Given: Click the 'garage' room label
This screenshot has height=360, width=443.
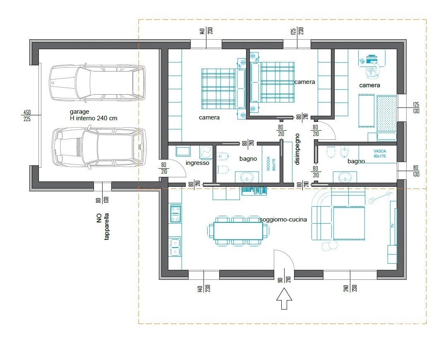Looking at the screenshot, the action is click(79, 112).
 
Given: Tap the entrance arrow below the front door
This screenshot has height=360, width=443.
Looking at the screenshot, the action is click(284, 299).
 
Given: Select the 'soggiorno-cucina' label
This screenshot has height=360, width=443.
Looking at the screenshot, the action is click(283, 219).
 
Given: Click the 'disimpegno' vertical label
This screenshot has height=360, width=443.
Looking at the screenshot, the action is click(297, 149).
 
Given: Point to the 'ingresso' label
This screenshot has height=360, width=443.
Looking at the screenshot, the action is click(197, 163).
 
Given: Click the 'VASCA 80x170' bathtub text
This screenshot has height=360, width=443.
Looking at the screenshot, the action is click(379, 154).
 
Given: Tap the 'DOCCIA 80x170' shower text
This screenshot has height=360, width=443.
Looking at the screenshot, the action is click(270, 164).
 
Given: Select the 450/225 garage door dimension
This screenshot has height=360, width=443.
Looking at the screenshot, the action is click(27, 115).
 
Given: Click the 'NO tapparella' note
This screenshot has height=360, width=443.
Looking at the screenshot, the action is click(103, 226).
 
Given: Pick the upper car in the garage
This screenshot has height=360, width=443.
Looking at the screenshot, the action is click(98, 83).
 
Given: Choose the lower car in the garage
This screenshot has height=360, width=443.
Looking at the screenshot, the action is click(99, 147).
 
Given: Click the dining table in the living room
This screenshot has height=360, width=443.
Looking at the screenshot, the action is click(238, 231).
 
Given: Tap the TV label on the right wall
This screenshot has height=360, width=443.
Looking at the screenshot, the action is click(392, 225).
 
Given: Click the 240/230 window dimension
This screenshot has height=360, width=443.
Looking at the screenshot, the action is click(350, 288).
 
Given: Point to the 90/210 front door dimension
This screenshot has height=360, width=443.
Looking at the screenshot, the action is click(284, 279).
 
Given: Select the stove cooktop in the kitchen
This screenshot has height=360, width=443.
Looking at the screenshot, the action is click(175, 214).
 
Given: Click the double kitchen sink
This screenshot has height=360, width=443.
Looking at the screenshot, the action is click(175, 247).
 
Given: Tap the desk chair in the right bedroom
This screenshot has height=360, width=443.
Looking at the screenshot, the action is click(372, 72).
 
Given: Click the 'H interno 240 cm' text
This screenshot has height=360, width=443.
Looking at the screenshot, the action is click(93, 118).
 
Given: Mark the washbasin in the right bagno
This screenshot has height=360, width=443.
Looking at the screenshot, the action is click(345, 177).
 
